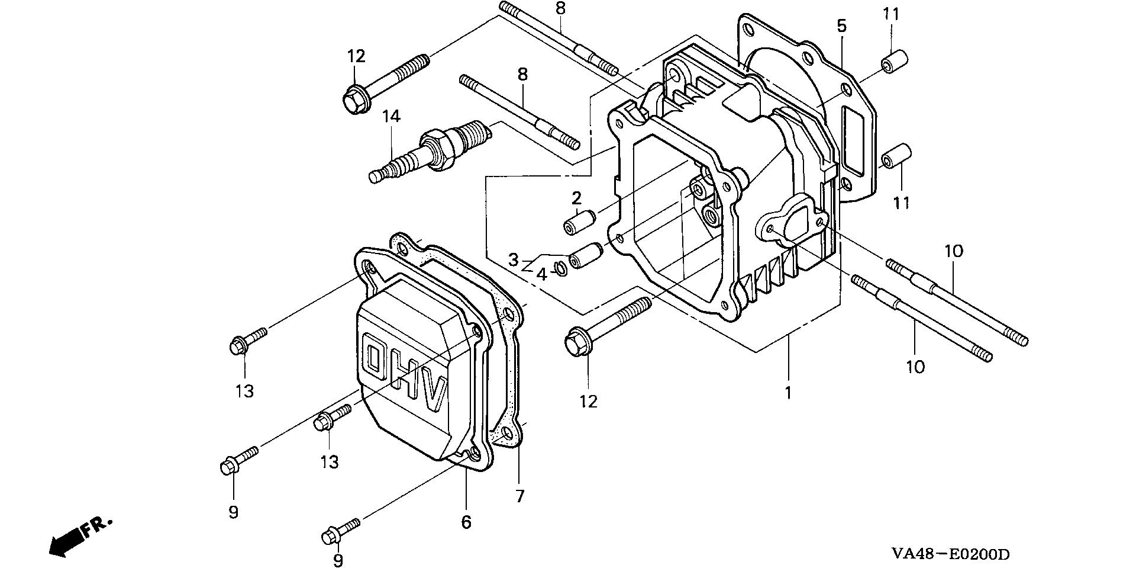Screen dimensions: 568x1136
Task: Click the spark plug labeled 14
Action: (429, 152)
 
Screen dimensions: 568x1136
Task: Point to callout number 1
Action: (788, 393)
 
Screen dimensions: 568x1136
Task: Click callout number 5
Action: (841, 26)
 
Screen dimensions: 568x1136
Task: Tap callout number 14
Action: (391, 116)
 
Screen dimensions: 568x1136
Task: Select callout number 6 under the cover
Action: (466, 522)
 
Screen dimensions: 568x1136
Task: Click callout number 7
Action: (519, 496)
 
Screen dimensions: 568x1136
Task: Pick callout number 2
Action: (576, 197)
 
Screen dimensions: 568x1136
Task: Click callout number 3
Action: (514, 259)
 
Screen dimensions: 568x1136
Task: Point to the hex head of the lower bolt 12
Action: (577, 344)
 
